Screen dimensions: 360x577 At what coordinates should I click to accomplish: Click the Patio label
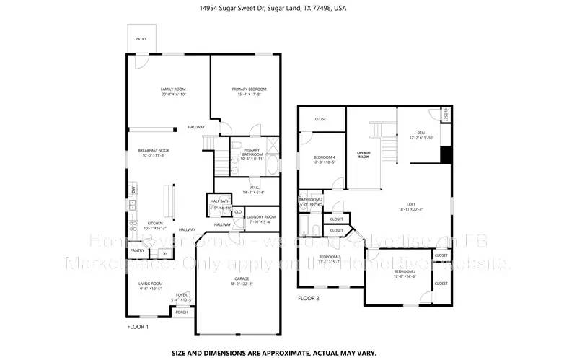[140, 38]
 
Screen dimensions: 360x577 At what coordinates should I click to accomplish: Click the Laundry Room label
[260, 216]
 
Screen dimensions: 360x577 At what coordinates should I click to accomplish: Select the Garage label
[242, 278]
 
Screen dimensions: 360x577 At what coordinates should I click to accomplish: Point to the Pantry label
[136, 251]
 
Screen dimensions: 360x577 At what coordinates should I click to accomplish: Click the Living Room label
[151, 284]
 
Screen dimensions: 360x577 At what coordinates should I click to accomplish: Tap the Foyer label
[181, 294]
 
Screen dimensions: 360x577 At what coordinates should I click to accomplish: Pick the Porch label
[182, 312]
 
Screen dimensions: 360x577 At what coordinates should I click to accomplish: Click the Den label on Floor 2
[420, 133]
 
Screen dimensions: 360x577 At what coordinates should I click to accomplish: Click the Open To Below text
[364, 154]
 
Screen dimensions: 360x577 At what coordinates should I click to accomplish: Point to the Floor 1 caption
[138, 327]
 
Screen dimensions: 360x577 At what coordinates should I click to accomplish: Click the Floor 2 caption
[308, 297]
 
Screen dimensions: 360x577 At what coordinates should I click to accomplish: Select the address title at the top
[288, 9]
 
